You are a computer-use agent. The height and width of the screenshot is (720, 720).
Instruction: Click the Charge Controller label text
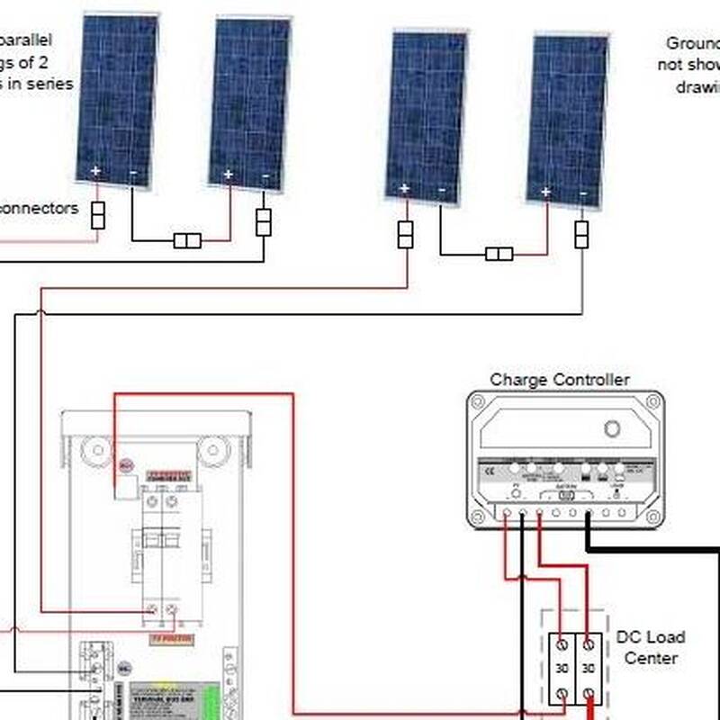tap(559, 380)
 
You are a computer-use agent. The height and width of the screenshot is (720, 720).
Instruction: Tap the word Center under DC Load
tap(650, 658)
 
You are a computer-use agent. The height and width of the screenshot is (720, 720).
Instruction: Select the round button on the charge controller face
tap(612, 428)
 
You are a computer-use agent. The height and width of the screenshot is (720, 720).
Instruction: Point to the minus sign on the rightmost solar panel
tap(583, 193)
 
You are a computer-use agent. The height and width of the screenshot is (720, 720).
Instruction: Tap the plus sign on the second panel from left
tap(229, 174)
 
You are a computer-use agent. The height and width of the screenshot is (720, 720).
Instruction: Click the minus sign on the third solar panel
tap(442, 190)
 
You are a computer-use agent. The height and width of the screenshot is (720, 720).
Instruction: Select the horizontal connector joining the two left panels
tap(187, 240)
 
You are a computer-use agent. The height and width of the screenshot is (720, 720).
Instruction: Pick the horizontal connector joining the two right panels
tap(499, 254)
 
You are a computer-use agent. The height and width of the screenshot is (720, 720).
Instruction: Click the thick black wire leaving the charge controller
tap(648, 547)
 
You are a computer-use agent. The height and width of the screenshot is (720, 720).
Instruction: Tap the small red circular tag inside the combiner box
tap(125, 466)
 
